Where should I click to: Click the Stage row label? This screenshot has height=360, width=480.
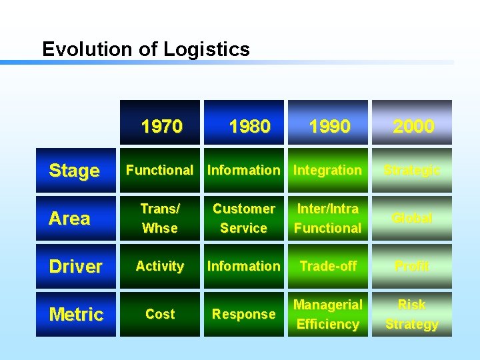click(74, 171)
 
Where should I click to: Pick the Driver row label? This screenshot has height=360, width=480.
click(75, 266)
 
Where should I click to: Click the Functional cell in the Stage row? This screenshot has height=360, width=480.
click(160, 170)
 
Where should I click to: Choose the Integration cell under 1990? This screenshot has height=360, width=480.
click(328, 170)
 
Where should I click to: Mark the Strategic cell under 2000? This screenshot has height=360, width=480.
click(412, 170)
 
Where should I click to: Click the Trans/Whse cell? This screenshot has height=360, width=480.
click(160, 218)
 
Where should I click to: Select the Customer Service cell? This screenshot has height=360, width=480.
click(244, 218)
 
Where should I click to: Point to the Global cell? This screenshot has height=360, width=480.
click(412, 218)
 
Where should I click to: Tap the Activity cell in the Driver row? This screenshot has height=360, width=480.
click(160, 266)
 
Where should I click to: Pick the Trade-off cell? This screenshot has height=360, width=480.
click(328, 266)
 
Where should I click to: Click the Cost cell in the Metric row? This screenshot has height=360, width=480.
click(160, 314)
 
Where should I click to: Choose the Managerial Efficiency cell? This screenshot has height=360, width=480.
click(328, 314)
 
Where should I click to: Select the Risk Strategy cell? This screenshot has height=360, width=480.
click(412, 314)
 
